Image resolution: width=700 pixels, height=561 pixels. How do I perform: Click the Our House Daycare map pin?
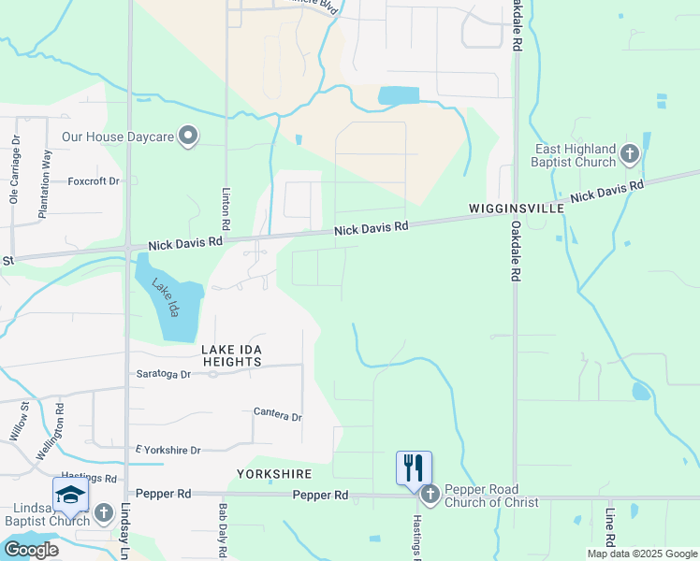(x=188, y=137)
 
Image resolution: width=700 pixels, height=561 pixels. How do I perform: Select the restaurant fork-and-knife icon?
(x=414, y=467)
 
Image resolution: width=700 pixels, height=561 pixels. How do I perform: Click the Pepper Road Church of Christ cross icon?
(x=430, y=494)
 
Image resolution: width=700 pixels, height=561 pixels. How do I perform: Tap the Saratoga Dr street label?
(x=164, y=373)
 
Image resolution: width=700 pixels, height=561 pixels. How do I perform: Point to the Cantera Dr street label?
(x=278, y=413)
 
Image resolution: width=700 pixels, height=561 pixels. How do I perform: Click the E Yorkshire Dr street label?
(x=168, y=450)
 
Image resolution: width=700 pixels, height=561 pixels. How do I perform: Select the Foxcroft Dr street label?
(x=94, y=180)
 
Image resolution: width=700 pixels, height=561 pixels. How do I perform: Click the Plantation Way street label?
(x=44, y=191)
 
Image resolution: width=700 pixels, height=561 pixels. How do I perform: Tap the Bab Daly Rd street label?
(x=223, y=532)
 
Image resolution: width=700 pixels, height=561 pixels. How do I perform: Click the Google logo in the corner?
(x=31, y=550)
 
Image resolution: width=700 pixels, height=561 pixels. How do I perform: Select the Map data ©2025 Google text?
(x=642, y=554)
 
